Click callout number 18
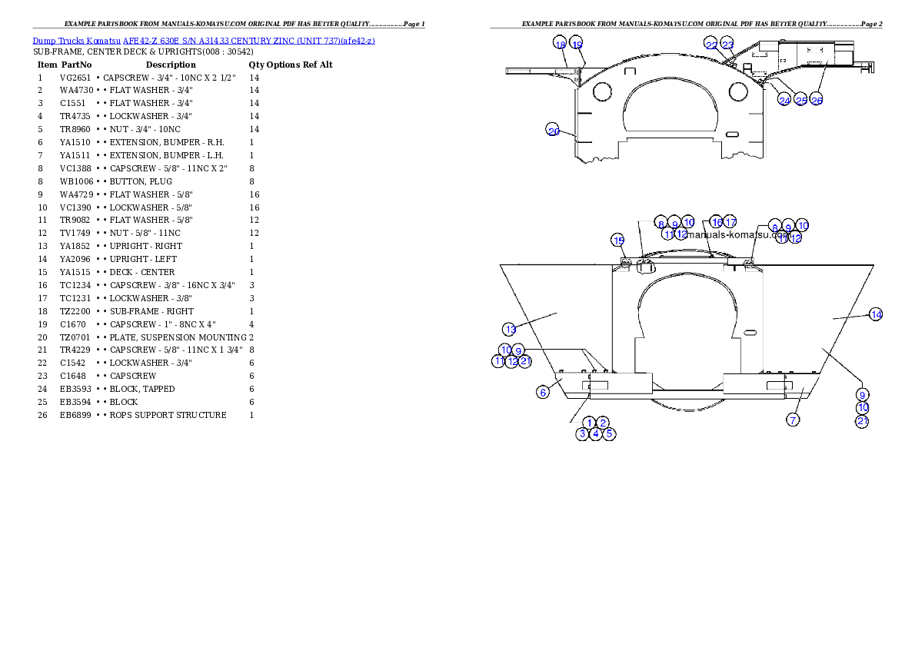click(x=560, y=44)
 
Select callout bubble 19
click(x=577, y=44)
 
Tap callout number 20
click(x=554, y=131)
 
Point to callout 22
click(x=711, y=45)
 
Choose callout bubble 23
click(x=727, y=45)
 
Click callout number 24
click(x=784, y=100)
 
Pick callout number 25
click(x=801, y=100)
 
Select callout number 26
click(x=817, y=100)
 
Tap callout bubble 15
click(x=618, y=241)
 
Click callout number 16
click(x=717, y=222)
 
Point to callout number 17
click(x=730, y=222)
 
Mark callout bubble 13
click(x=511, y=329)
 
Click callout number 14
click(x=876, y=314)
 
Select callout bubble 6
click(x=543, y=392)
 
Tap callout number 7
click(x=794, y=420)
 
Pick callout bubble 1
click(x=589, y=423)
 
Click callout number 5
click(x=609, y=433)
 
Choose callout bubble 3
click(x=583, y=433)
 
